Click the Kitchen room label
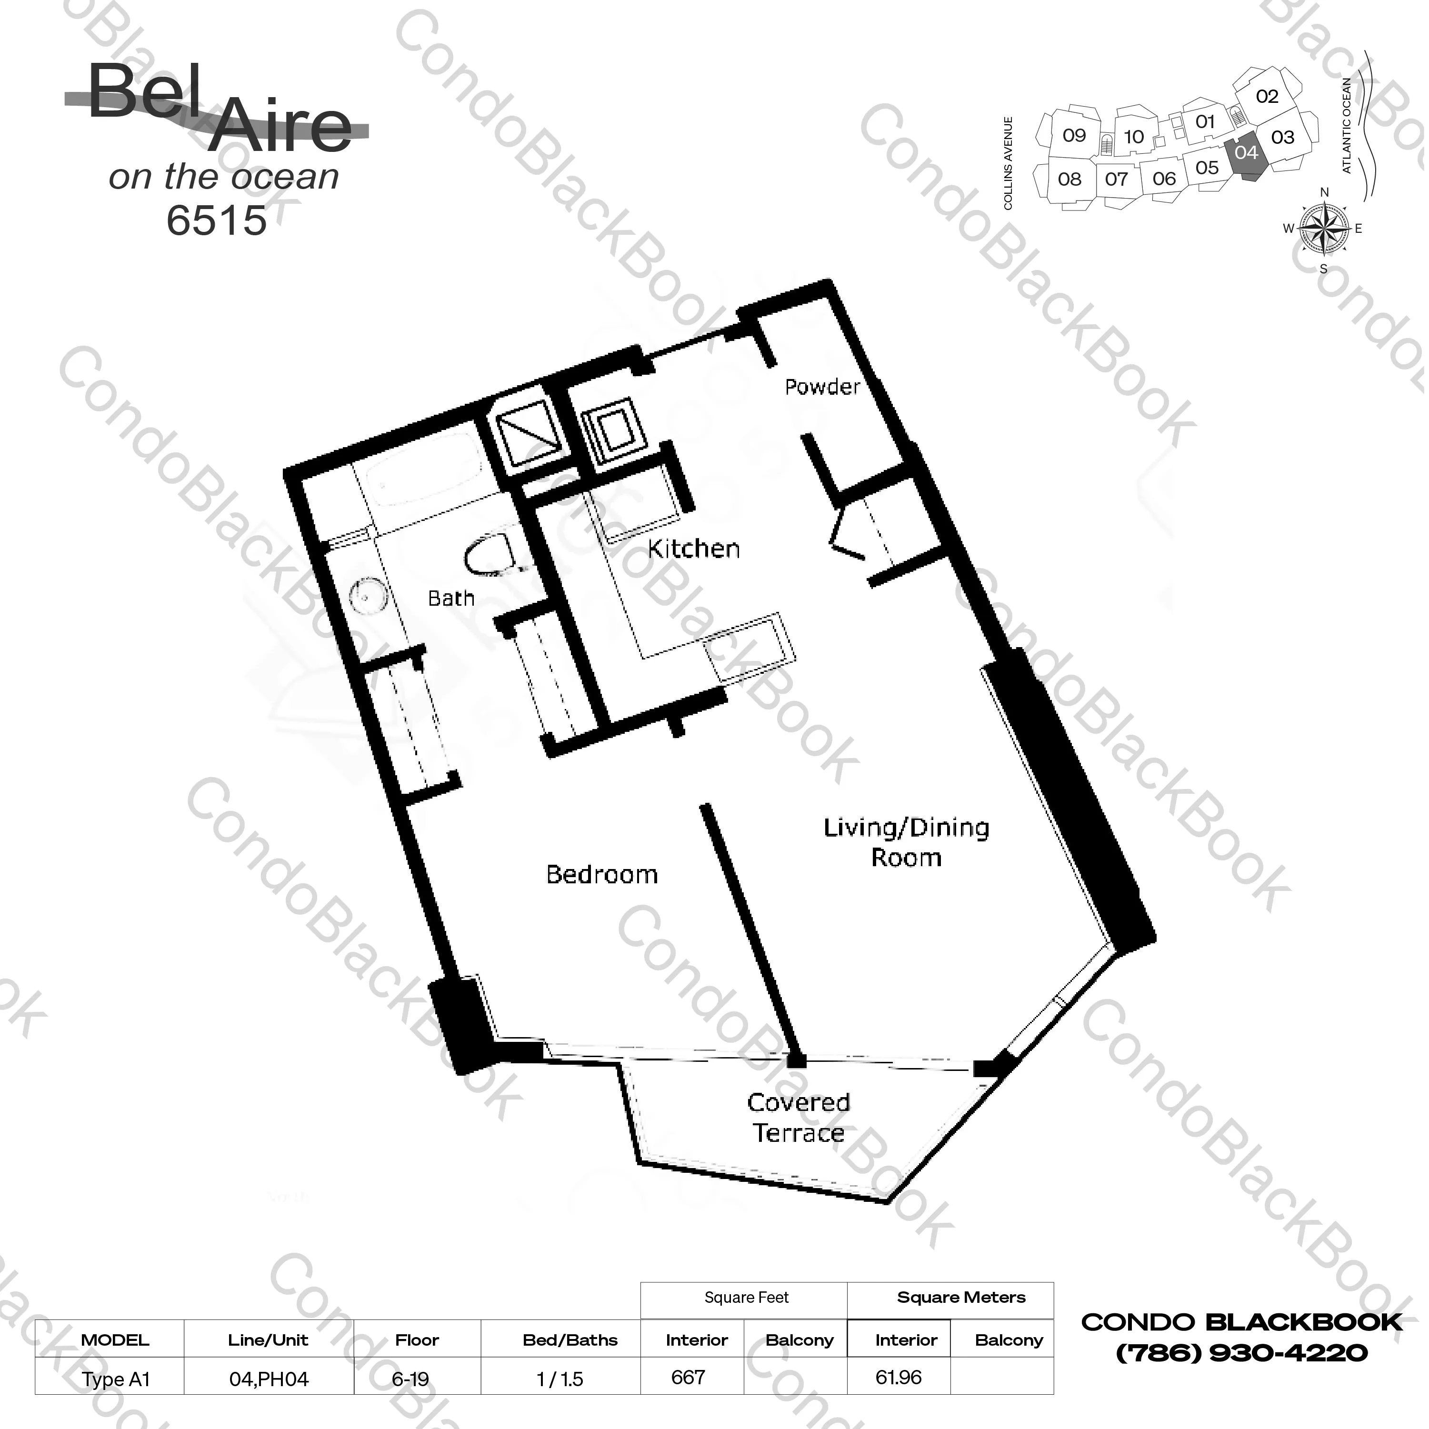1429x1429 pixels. pyautogui.click(x=693, y=549)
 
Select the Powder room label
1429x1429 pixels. pyautogui.click(x=822, y=387)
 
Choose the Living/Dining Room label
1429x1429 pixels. pyautogui.click(x=907, y=842)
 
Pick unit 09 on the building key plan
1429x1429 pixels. pyautogui.click(x=1074, y=135)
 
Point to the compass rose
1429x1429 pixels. pyautogui.click(x=1323, y=229)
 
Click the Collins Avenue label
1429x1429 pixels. pyautogui.click(x=1008, y=163)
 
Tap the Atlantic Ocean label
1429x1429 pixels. pyautogui.click(x=1346, y=126)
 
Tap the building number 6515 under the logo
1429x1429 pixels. pyautogui.click(x=216, y=220)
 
